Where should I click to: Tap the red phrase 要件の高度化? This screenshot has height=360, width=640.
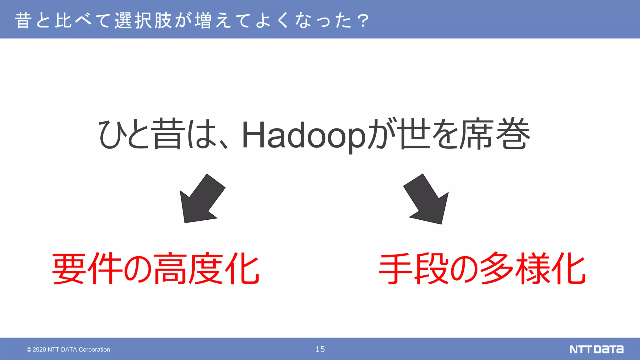pos(156,268)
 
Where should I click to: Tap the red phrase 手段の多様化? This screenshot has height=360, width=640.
pos(482,268)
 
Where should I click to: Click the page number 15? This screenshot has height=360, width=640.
pos(320,349)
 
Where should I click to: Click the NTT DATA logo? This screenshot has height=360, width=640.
pos(596,349)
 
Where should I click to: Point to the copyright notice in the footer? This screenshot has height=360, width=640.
pos(68,349)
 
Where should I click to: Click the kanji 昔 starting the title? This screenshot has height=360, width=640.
pos(23,21)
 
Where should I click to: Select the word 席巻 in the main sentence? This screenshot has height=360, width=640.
pos(496,134)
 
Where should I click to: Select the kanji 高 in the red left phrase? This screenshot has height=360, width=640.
pos(170,268)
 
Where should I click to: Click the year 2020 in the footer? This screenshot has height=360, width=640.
pos(39,349)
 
